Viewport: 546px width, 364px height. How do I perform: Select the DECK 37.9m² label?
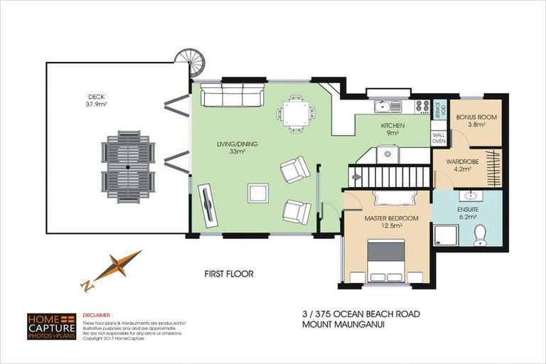click(x=97, y=101)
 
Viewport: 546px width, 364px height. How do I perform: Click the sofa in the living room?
click(x=232, y=95)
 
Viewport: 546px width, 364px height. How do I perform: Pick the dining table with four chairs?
click(x=296, y=114)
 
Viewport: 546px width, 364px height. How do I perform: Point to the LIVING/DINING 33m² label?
click(x=237, y=147)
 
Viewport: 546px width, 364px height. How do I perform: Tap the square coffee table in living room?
click(x=257, y=193)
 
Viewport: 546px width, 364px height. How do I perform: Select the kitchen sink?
click(x=387, y=107)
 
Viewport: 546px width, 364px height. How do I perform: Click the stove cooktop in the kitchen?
click(x=422, y=107)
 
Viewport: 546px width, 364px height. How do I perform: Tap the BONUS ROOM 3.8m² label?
click(x=476, y=119)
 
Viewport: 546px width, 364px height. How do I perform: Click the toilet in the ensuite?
click(x=480, y=234)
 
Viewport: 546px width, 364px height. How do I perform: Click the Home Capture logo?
click(x=51, y=326)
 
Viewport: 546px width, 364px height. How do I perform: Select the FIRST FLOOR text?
click(x=229, y=274)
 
